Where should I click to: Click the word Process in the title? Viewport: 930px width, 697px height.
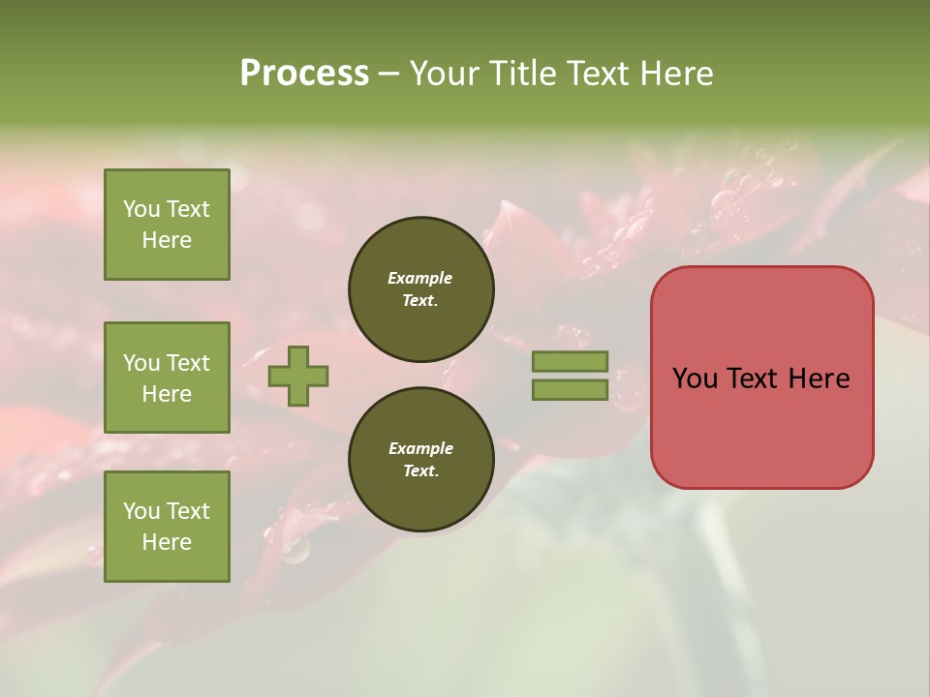coord(304,74)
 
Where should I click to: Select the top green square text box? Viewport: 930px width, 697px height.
coord(167,225)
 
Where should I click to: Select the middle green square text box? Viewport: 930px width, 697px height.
coord(167,378)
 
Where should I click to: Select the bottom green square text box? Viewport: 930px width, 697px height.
coord(167,526)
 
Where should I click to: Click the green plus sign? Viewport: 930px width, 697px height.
coord(298,377)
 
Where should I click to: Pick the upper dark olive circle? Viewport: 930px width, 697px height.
coord(421,289)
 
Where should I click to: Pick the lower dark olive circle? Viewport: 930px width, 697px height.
coord(421,460)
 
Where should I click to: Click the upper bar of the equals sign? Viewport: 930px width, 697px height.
coord(571,362)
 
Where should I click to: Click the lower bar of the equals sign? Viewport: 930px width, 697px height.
coord(571,389)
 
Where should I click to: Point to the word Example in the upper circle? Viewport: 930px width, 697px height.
coord(420,278)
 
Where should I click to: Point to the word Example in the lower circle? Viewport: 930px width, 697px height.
coord(420,448)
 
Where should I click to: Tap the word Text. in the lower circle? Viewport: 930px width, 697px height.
coord(420,471)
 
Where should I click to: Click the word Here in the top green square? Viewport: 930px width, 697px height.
coord(167,240)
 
